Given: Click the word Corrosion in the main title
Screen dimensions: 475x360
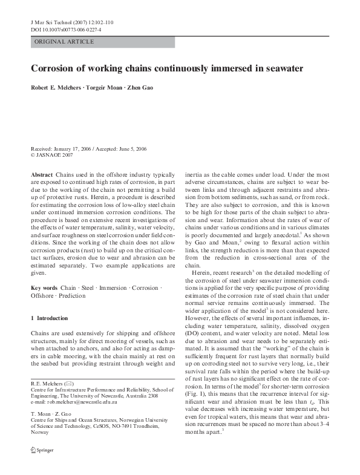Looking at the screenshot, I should (54, 68).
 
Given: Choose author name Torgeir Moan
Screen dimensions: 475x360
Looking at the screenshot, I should (108, 88).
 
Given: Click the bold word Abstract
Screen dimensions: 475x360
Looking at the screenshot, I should (41, 174).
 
